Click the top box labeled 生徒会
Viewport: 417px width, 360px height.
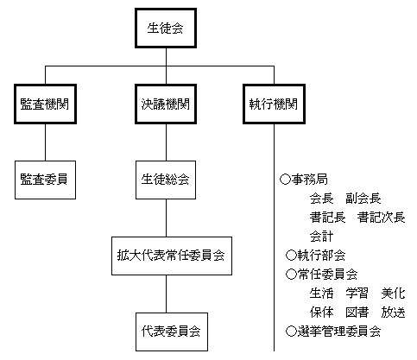[166, 28]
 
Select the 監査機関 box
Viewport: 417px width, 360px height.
[45, 104]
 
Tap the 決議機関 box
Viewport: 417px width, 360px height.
[166, 104]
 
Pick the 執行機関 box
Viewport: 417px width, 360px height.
[274, 104]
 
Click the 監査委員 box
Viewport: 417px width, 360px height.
[45, 180]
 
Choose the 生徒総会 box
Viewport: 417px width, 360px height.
[166, 180]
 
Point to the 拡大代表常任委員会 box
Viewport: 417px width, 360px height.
[172, 256]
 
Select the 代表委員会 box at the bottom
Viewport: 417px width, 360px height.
[172, 332]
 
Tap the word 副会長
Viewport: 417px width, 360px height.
[363, 199]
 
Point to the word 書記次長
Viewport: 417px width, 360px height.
[382, 218]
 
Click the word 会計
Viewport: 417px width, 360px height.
[321, 237]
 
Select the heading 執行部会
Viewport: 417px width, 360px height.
[321, 256]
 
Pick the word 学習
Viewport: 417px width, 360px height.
[357, 294]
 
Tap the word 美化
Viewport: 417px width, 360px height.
[393, 294]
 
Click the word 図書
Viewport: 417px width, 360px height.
[357, 313]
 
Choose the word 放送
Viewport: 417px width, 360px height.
[393, 313]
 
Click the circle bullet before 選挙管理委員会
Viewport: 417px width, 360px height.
[291, 332]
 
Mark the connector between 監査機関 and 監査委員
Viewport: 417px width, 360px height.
[45, 142]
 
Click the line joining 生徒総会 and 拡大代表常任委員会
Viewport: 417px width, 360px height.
[166, 218]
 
